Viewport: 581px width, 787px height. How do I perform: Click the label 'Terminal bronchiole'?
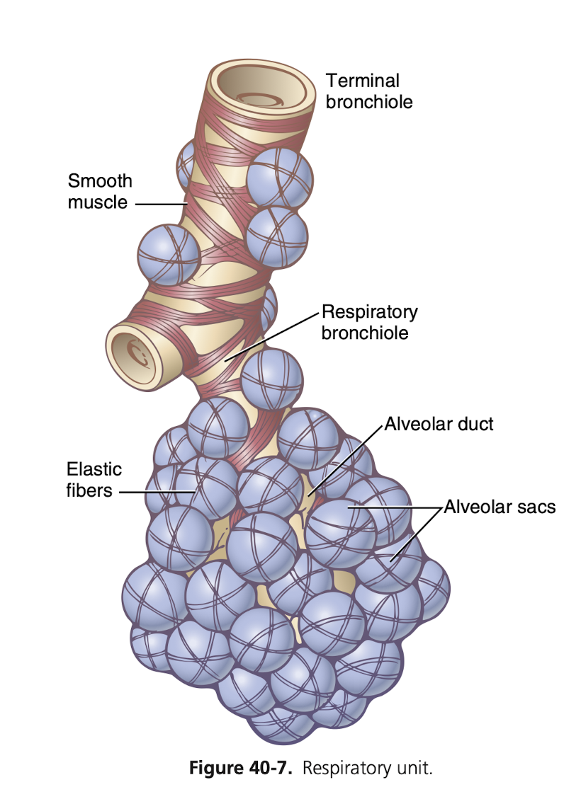[x=368, y=91]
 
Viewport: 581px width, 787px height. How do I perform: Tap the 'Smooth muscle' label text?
[x=100, y=191]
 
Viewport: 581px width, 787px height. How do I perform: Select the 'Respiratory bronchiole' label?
[x=369, y=322]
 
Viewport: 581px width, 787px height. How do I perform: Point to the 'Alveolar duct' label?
[x=439, y=425]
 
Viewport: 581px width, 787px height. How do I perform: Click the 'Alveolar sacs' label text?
[x=500, y=507]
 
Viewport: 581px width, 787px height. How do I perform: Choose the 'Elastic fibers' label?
[x=94, y=479]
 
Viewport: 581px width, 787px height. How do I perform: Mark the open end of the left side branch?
[x=135, y=348]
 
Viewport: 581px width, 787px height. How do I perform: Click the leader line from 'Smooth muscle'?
[x=160, y=204]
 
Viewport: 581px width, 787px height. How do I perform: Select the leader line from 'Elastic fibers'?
[x=157, y=490]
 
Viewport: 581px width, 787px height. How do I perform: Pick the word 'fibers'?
[x=89, y=490]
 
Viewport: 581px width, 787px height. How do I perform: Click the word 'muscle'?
[x=98, y=202]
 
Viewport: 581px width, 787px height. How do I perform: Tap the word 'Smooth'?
[x=100, y=181]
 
